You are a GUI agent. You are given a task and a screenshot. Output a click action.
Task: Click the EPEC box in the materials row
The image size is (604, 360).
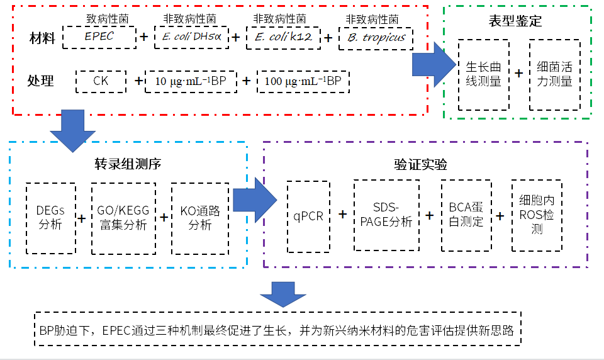pos(99,37)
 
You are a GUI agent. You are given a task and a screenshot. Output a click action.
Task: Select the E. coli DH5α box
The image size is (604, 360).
pos(191,37)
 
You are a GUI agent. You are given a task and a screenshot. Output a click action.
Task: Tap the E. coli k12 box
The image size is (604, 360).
pos(283,37)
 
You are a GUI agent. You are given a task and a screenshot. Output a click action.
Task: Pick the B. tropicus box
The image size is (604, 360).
pos(376,38)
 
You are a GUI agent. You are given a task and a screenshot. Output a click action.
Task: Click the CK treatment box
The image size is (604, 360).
pos(101,81)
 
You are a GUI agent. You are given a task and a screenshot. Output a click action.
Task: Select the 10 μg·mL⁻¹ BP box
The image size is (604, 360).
pos(191,81)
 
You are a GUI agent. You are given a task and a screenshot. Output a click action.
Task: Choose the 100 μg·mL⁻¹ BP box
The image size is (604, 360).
pos(303,81)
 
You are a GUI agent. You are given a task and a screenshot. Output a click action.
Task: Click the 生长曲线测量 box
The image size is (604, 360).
pos(483,74)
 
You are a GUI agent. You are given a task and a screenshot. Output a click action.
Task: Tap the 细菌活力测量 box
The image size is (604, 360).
pos(554,74)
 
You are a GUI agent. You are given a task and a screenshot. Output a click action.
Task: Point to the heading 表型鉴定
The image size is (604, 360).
pos(515,21)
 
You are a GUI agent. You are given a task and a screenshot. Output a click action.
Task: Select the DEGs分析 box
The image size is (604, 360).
pos(51,218)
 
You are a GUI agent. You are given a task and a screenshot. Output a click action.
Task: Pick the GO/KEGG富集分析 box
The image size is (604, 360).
pos(123,218)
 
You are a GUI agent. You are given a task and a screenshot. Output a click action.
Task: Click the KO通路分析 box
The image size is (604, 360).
pos(199,218)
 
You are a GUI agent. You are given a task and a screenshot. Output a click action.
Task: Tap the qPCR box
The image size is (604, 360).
pos(308,217)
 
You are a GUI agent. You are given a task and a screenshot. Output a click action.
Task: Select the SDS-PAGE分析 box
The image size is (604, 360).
pos(386,215)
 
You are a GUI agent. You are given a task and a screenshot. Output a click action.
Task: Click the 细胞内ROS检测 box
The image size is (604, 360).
pos(537,215)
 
